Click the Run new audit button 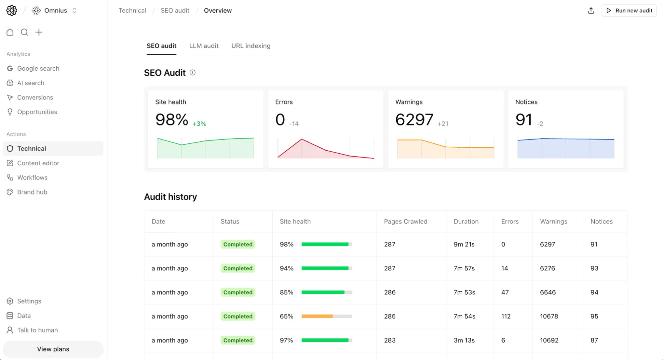tap(629, 11)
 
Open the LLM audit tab tap(204, 46)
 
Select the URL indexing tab tap(251, 46)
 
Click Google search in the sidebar tap(38, 68)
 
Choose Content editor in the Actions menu tap(38, 163)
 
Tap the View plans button tap(53, 349)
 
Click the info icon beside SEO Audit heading tap(192, 73)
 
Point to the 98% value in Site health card tap(171, 119)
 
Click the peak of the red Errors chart tap(302, 139)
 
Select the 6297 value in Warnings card tap(414, 119)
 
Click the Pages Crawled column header tap(405, 221)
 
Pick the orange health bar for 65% tap(317, 316)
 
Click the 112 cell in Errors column tap(506, 316)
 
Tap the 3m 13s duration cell tap(464, 340)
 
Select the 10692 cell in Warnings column tap(549, 340)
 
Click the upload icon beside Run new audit tap(591, 11)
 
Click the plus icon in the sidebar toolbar tap(39, 32)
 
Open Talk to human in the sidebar tap(37, 330)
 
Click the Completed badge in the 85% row tap(238, 292)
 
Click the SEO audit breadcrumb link tap(175, 11)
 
